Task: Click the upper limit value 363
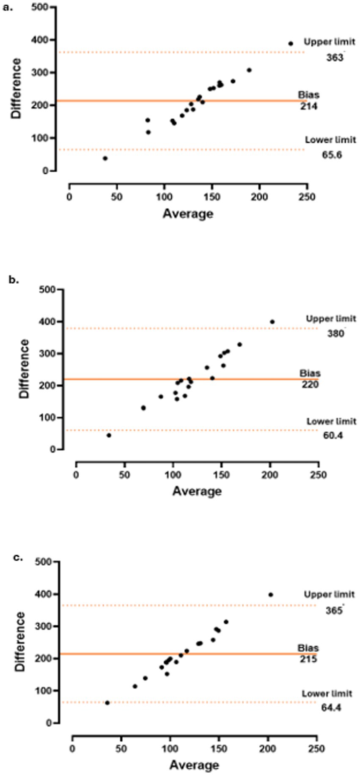pyautogui.click(x=334, y=58)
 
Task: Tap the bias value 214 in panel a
pyautogui.click(x=309, y=106)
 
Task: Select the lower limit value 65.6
pyautogui.click(x=332, y=155)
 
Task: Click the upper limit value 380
pyautogui.click(x=335, y=334)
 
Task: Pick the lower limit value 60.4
pyautogui.click(x=332, y=435)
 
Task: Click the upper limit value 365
pyautogui.click(x=334, y=611)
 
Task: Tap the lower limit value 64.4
pyautogui.click(x=330, y=707)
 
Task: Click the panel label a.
pyautogui.click(x=8, y=8)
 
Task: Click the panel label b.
pyautogui.click(x=14, y=279)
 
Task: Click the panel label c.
pyautogui.click(x=18, y=557)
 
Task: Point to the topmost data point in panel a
pyautogui.click(x=291, y=44)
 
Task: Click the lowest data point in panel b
pyautogui.click(x=109, y=435)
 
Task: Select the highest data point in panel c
pyautogui.click(x=271, y=594)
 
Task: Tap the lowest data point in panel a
pyautogui.click(x=105, y=158)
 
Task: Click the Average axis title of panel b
pyautogui.click(x=197, y=491)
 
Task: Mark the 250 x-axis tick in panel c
pyautogui.click(x=316, y=748)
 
